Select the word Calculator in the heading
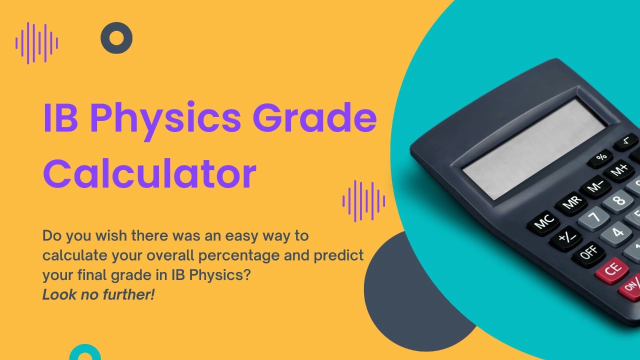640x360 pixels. (149, 173)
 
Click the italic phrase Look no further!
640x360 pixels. (98, 295)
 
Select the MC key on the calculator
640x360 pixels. (544, 221)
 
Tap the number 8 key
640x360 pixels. (618, 201)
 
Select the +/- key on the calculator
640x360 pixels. (565, 238)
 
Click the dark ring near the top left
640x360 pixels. (116, 38)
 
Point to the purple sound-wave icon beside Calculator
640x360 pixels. (364, 201)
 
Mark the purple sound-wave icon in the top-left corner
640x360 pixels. (36, 43)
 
